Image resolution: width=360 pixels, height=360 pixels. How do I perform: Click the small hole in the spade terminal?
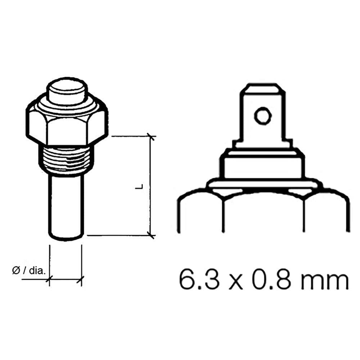tap(262, 116)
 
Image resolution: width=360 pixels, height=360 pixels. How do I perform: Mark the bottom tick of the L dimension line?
tap(151, 235)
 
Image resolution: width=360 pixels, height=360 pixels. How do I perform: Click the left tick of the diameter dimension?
tap(50, 279)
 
